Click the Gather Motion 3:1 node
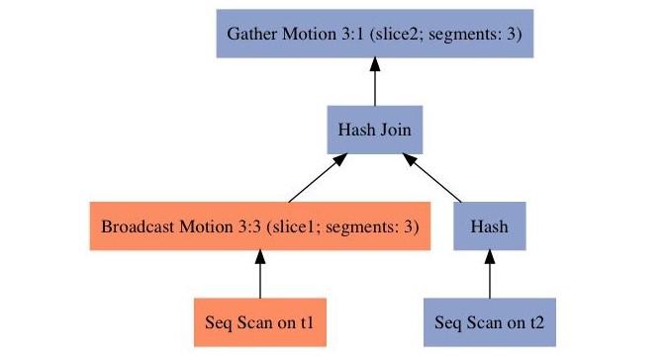[375, 35]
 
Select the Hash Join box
[375, 130]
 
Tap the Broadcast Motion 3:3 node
[259, 226]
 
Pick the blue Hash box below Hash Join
[490, 226]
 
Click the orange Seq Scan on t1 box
[259, 322]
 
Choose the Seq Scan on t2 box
[490, 322]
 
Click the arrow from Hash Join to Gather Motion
[375, 83]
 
